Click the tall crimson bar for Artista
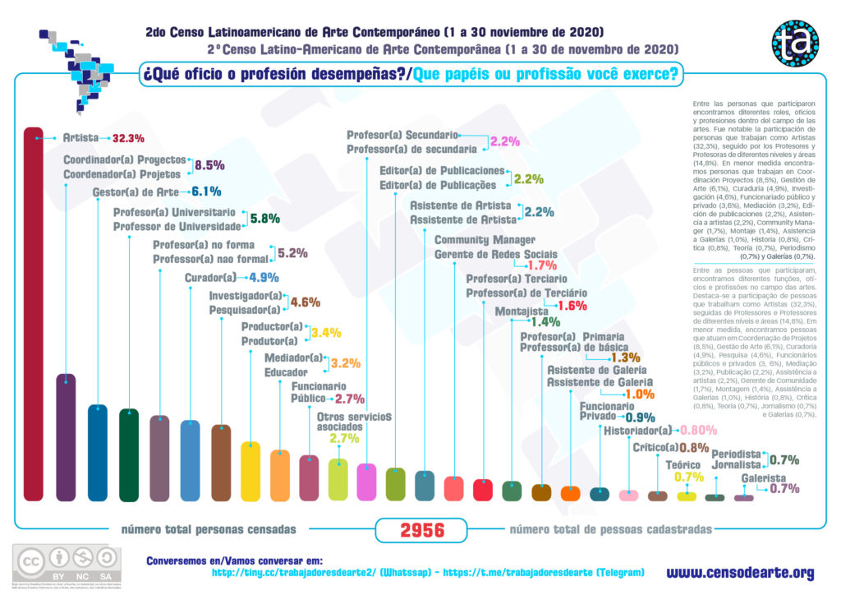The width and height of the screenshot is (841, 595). click(33, 312)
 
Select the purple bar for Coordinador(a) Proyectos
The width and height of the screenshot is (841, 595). click(66, 436)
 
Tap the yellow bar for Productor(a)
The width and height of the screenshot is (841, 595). click(250, 470)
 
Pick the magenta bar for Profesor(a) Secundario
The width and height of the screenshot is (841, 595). click(366, 482)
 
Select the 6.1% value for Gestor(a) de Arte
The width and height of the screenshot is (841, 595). click(206, 191)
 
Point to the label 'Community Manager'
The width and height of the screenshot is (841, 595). click(485, 240)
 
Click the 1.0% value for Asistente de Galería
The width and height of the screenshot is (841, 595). click(639, 394)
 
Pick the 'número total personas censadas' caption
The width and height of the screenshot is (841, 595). click(209, 529)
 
